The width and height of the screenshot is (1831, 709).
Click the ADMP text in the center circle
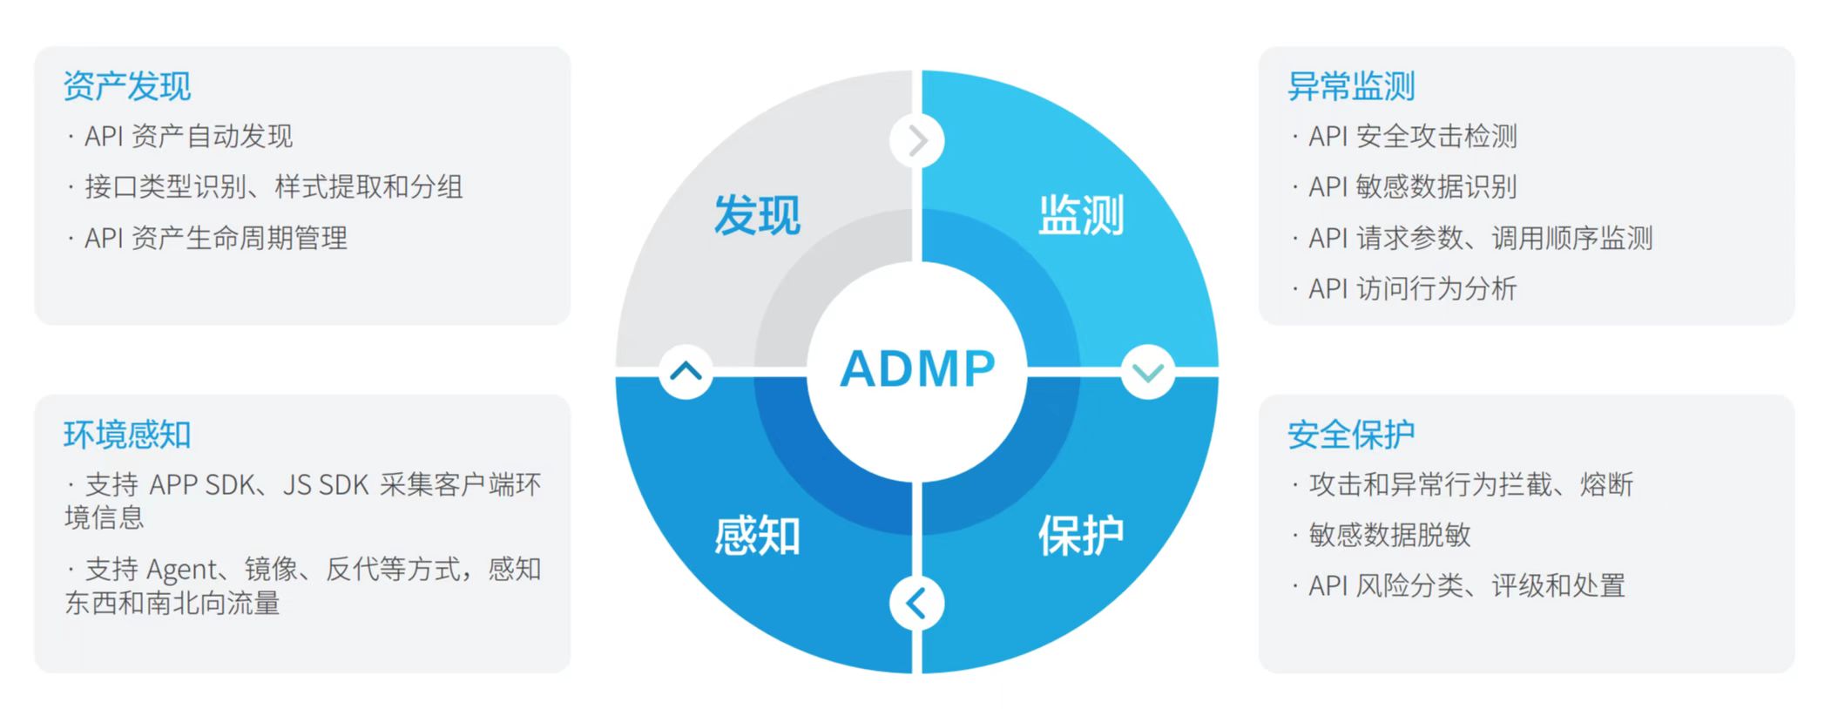pos(917,368)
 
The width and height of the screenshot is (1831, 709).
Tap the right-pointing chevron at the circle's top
pos(917,140)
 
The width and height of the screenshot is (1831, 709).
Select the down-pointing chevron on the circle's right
pos(1148,372)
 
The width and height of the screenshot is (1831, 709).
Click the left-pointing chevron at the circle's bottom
pos(917,603)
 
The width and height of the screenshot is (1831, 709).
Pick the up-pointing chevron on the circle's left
pos(686,372)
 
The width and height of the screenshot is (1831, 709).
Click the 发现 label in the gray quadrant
pos(757,215)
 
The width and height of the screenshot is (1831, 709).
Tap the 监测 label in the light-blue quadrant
pos(1081,215)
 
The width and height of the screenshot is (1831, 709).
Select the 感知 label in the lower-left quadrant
pos(757,535)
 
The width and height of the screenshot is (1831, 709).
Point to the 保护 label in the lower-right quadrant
pos(1081,535)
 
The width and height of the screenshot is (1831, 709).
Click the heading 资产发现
pos(127,86)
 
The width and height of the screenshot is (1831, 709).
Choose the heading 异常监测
pos(1351,86)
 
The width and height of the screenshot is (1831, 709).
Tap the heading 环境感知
pos(127,435)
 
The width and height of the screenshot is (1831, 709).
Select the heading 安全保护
pos(1351,435)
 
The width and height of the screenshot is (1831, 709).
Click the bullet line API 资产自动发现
pos(188,137)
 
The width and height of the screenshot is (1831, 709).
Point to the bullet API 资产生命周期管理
pos(215,238)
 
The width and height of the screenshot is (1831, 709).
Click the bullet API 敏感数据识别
pos(1412,187)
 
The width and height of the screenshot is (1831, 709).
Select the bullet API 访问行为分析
pos(1412,288)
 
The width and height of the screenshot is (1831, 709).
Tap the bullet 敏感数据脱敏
pos(1389,535)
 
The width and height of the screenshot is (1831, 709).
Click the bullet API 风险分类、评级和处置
pos(1467,585)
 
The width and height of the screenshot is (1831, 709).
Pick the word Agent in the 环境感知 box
pos(182,571)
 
